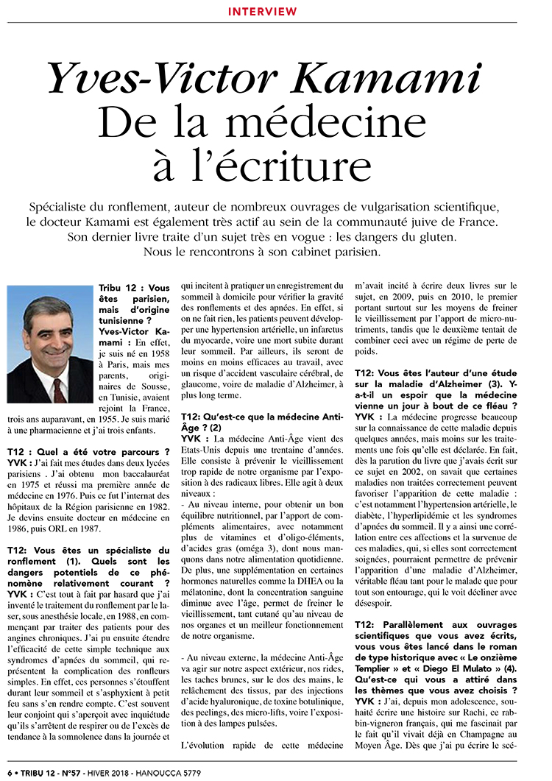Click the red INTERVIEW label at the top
[262, 12]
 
